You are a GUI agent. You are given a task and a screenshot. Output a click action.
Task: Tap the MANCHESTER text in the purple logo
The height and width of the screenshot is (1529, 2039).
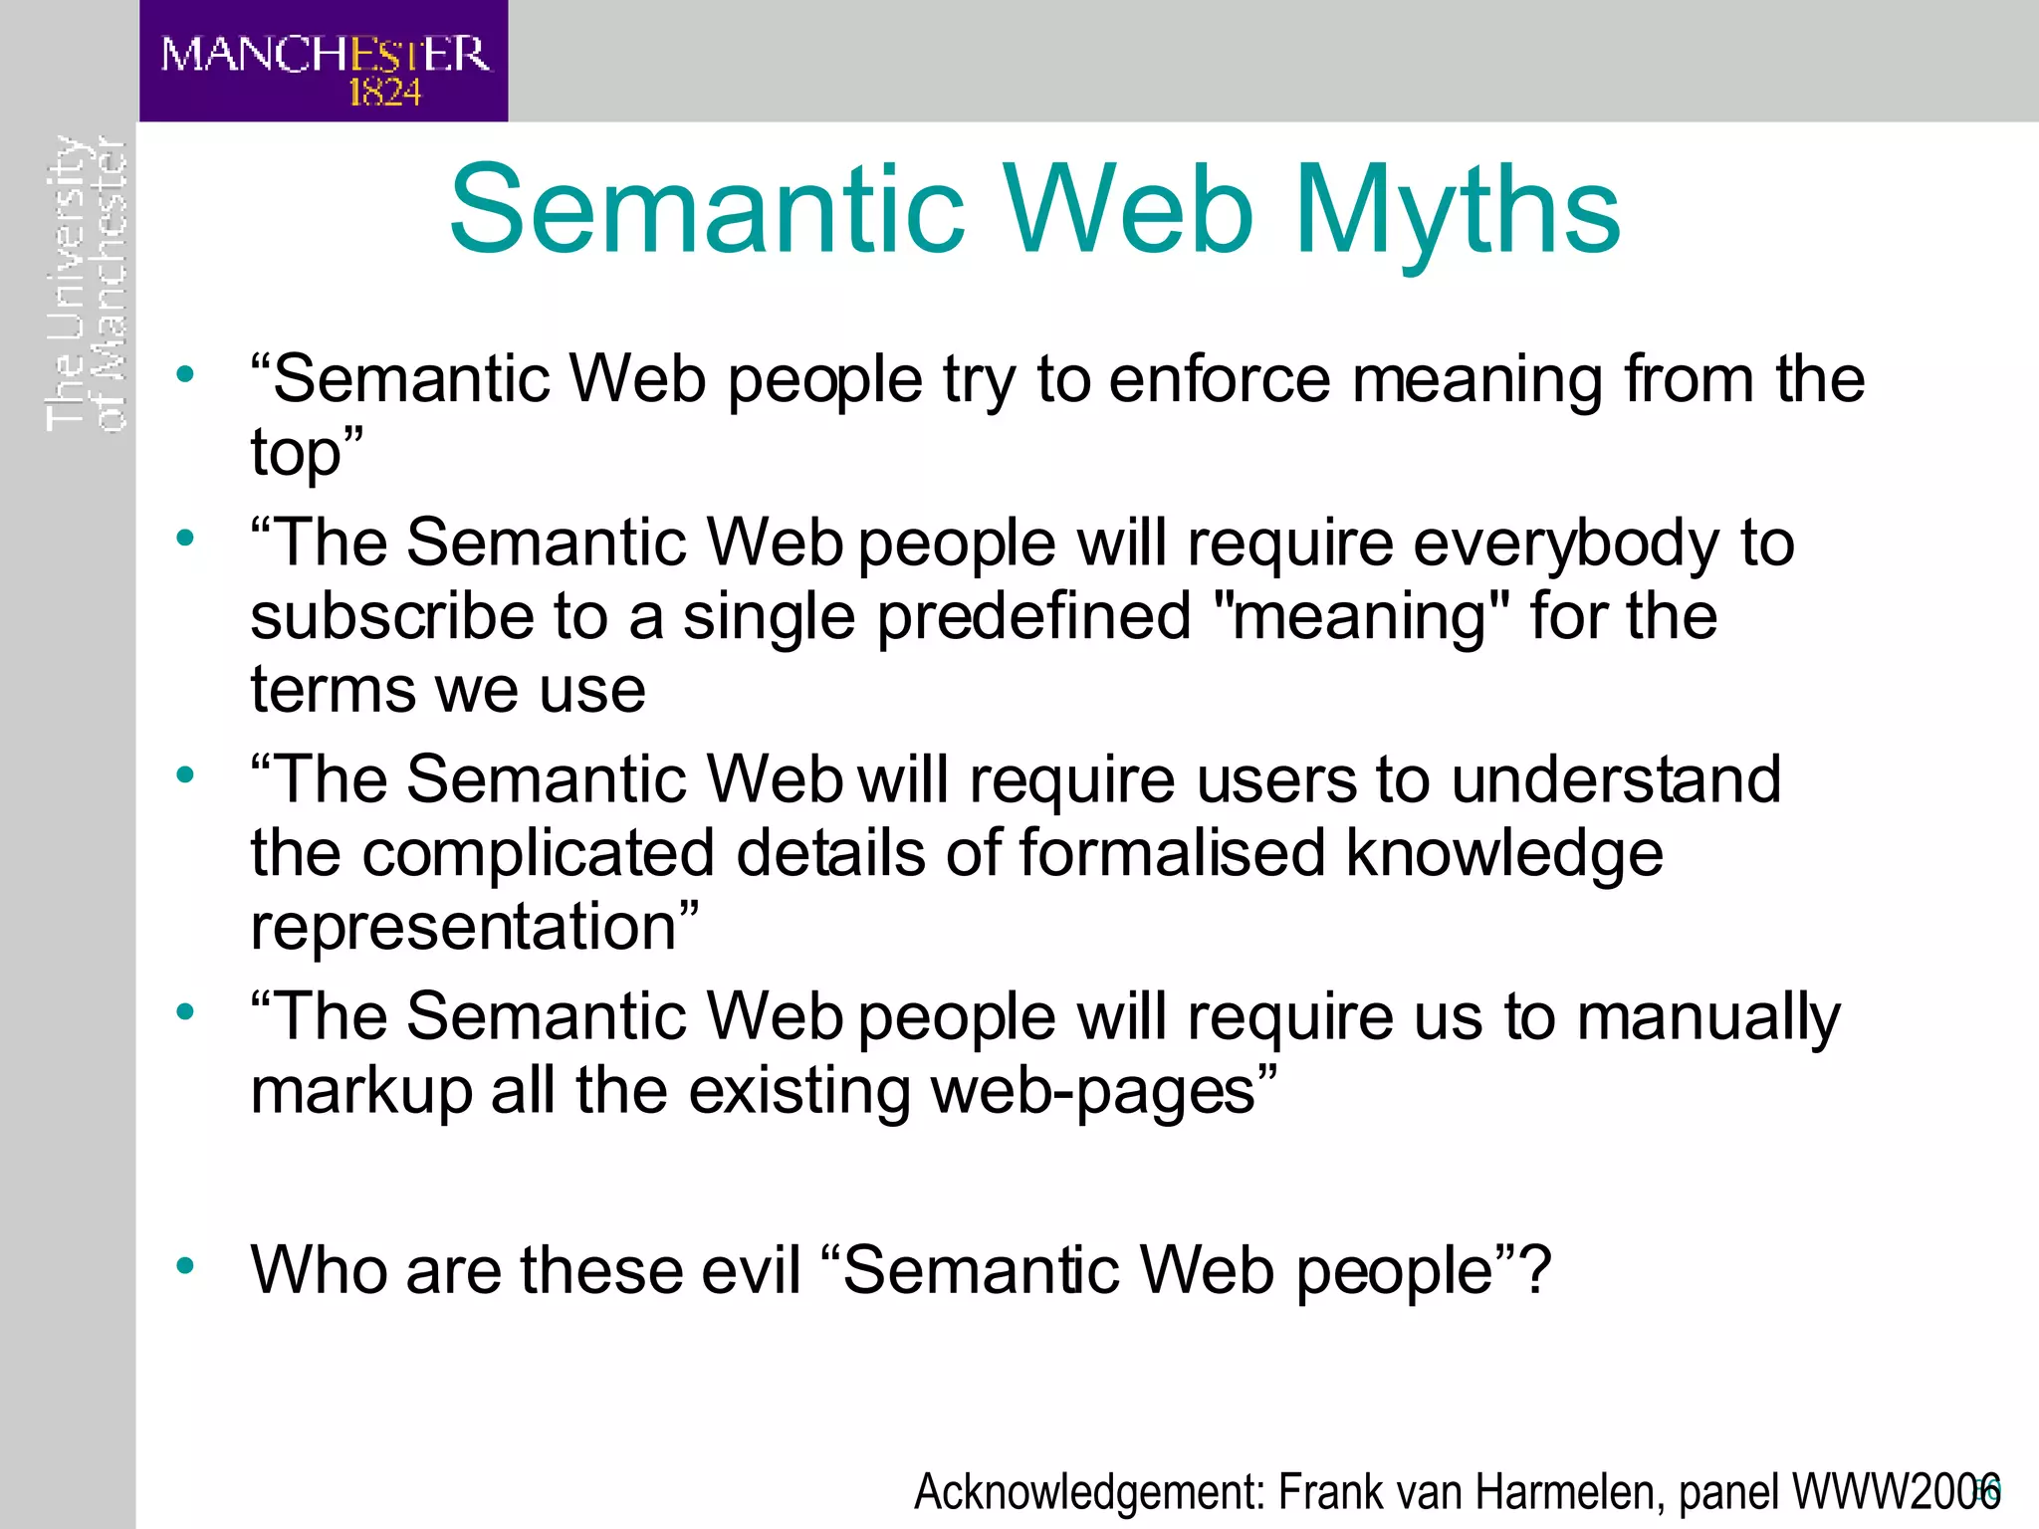(325, 54)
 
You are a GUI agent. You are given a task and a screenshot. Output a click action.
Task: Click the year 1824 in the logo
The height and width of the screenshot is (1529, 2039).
(384, 94)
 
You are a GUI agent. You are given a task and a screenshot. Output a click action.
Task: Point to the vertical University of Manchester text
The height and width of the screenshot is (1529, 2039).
(86, 284)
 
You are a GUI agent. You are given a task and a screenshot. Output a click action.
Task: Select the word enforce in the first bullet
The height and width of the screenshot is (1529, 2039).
(1219, 380)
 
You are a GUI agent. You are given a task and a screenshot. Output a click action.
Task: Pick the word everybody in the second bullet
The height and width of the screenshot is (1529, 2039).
(1565, 544)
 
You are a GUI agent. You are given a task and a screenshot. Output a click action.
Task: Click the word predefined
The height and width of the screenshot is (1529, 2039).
(1033, 616)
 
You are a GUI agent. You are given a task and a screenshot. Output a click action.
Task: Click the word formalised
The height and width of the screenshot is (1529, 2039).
(1171, 854)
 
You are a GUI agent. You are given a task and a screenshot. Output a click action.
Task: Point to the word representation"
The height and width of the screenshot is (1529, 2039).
(474, 928)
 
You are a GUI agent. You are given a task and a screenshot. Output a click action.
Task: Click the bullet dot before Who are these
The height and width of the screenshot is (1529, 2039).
(185, 1266)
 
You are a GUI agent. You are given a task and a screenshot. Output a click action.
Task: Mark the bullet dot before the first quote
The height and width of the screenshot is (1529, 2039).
(185, 375)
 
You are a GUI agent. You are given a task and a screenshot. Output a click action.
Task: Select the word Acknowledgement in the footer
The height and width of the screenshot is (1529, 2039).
(1089, 1492)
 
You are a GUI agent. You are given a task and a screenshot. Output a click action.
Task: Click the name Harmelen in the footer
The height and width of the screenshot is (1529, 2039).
(1564, 1492)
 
